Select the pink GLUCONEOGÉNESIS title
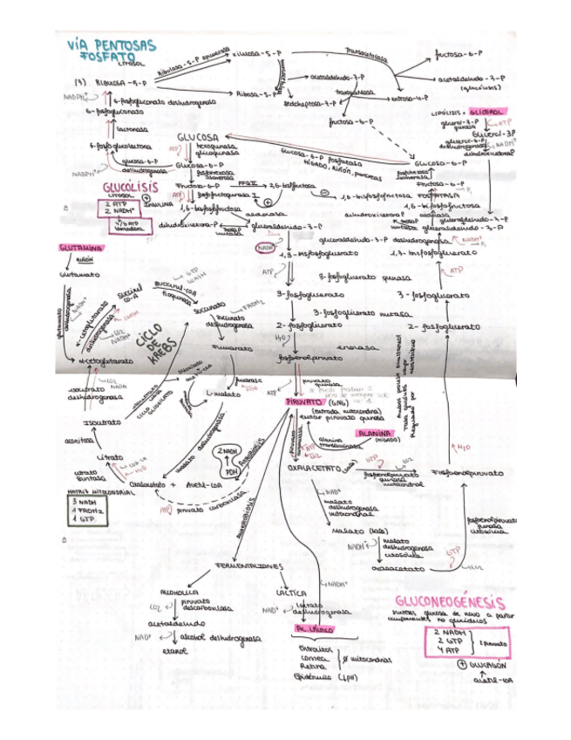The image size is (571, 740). click(x=450, y=603)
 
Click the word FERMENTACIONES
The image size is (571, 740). click(x=248, y=567)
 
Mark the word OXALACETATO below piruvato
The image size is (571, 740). click(x=317, y=469)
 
